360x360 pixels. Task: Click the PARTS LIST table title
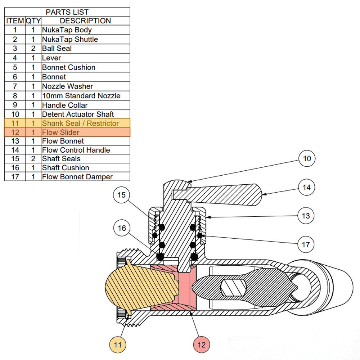[67, 12]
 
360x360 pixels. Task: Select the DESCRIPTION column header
[85, 21]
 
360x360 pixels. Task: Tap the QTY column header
[33, 21]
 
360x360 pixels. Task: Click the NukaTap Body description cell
[67, 30]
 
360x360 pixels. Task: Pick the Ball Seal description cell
[57, 49]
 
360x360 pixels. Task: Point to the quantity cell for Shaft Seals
[33, 159]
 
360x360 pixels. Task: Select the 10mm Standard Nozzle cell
[81, 96]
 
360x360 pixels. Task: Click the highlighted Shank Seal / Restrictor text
[80, 123]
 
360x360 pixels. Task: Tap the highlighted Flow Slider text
[60, 132]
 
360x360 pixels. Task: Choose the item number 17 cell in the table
[15, 177]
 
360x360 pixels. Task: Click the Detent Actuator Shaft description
[78, 114]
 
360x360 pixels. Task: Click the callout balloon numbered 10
[307, 159]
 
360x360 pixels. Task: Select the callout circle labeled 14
[307, 188]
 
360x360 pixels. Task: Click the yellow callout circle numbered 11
[118, 345]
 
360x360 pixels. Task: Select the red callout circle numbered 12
[202, 345]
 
